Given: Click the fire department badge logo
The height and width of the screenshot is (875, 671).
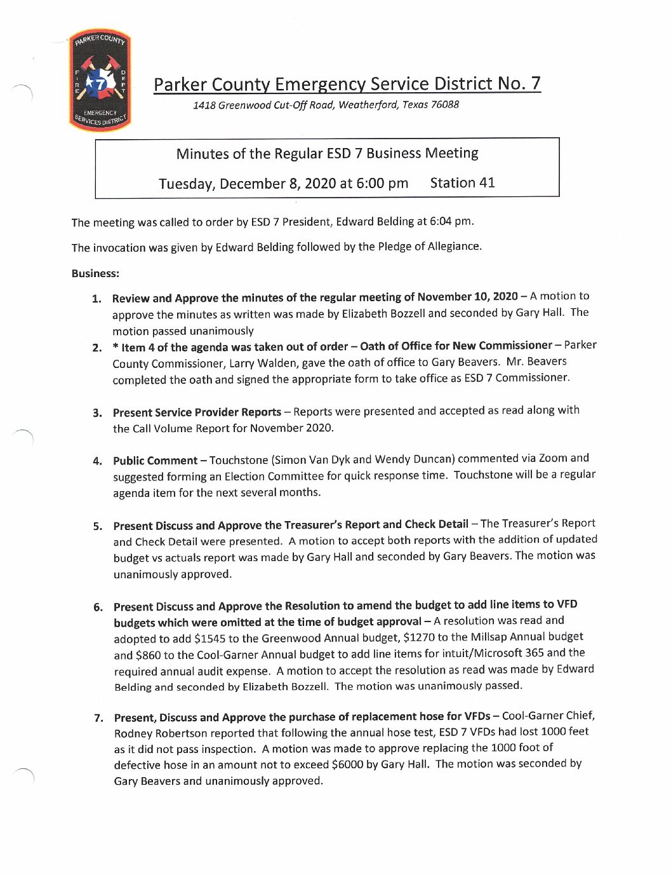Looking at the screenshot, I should pyautogui.click(x=100, y=80).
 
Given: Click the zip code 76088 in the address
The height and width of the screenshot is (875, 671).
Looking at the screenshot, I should pyautogui.click(x=444, y=105).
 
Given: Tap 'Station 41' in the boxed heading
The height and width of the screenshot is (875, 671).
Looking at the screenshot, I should pyautogui.click(x=462, y=183).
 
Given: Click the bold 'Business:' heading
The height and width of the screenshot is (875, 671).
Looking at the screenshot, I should pyautogui.click(x=95, y=274).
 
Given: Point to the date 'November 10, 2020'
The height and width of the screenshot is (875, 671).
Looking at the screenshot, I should pyautogui.click(x=468, y=297).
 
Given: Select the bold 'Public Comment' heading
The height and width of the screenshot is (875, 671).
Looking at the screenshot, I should pyautogui.click(x=155, y=461).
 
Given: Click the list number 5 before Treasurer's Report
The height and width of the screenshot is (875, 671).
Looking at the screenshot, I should pyautogui.click(x=98, y=526).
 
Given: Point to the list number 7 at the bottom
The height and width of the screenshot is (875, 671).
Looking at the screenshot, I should pyautogui.click(x=98, y=718).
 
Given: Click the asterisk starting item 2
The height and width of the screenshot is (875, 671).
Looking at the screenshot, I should pyautogui.click(x=116, y=347).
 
